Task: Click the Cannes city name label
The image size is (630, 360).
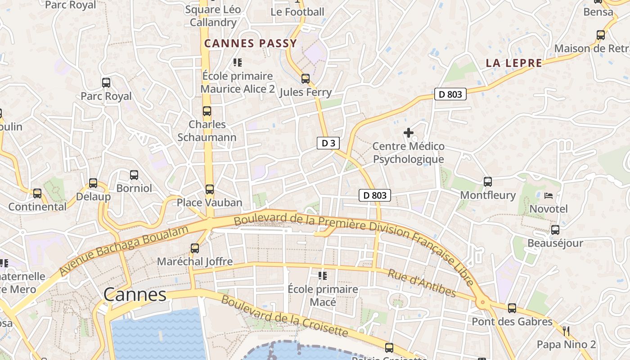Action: pos(135,295)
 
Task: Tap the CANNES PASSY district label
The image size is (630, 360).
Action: pos(251,44)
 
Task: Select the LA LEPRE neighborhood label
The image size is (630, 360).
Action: pos(514,63)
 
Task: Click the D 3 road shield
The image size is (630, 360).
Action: pos(328,144)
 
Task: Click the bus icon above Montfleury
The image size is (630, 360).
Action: pos(488,182)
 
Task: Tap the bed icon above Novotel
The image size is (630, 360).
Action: pos(549,195)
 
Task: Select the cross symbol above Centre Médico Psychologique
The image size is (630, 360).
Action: pos(409,133)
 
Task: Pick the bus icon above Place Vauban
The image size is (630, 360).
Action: pos(210,189)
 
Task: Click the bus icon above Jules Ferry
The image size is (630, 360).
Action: pos(306,79)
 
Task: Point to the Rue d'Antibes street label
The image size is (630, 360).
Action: pos(422,284)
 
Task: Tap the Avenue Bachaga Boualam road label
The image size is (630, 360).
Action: pos(124,251)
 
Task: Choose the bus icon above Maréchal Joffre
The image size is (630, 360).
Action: pos(195,248)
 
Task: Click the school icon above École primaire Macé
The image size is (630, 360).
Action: pos(323,275)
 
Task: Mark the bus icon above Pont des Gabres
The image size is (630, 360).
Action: pos(512,308)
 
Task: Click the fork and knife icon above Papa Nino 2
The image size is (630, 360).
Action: pos(566,332)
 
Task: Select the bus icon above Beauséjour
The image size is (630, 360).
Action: pos(555,230)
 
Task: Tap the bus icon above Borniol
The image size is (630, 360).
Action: pos(134,175)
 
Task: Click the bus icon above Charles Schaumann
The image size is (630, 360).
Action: pos(207,111)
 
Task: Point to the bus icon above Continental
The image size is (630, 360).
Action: pos(37,193)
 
